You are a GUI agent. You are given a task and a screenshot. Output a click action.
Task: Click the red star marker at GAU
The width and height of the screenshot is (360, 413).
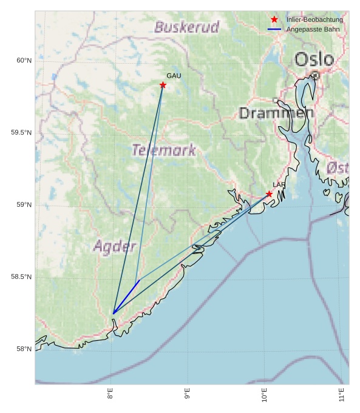point(163,85)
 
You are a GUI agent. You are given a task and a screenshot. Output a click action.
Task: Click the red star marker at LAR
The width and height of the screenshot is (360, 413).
point(269,194)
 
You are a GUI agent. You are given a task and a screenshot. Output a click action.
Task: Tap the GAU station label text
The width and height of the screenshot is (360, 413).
point(174,76)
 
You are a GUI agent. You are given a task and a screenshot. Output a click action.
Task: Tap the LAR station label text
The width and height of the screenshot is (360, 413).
point(279,185)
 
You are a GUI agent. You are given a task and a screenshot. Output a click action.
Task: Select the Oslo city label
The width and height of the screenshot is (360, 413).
point(314,59)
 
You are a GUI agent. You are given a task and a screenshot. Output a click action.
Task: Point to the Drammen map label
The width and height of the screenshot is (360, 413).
point(276,113)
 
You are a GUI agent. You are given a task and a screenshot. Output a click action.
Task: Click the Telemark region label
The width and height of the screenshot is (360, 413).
point(164,150)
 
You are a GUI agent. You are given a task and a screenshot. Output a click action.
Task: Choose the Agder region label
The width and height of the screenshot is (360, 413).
point(114,246)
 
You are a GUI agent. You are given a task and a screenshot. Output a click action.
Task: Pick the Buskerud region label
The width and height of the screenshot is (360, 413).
point(186,27)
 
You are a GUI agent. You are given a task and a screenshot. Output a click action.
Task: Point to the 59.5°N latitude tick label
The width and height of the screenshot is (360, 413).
point(22,133)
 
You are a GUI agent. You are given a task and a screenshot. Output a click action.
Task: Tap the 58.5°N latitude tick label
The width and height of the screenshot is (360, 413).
point(22,277)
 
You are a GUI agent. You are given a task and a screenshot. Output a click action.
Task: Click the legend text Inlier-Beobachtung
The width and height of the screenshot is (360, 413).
point(314,20)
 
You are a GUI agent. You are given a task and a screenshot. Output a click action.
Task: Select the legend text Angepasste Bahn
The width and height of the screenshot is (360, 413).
point(313,29)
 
